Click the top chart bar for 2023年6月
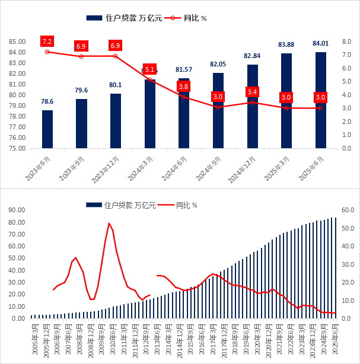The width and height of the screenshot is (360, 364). point(47,129)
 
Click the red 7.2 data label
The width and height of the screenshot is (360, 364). point(47,41)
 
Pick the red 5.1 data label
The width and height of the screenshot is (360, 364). point(149,69)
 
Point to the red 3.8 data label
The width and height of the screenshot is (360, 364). point(184,87)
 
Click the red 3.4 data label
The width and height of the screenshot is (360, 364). point(252,92)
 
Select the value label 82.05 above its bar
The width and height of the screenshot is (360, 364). point(218,64)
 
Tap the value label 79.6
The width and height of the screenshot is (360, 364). point(81,90)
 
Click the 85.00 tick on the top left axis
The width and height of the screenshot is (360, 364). point(17,41)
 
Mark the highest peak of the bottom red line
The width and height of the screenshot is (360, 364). point(109,223)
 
